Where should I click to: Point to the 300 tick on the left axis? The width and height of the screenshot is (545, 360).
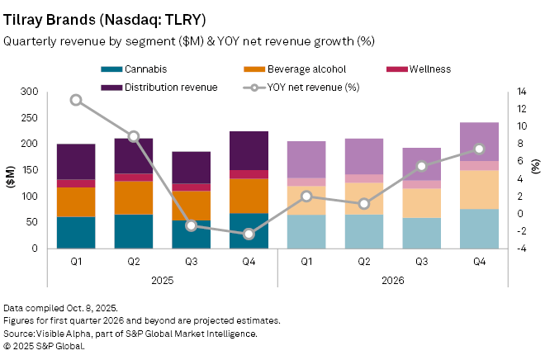[x=33, y=91]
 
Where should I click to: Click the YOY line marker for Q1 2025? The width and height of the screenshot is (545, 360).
[x=76, y=100]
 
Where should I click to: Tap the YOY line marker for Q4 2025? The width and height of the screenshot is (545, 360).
[x=249, y=234]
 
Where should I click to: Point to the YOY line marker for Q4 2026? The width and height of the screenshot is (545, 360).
[x=479, y=149]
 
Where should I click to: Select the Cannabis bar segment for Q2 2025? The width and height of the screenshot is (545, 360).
[x=133, y=231]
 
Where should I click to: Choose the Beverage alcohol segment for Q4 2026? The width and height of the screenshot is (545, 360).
[x=479, y=189]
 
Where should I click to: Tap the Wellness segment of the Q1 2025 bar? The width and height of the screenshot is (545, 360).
[x=76, y=183]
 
